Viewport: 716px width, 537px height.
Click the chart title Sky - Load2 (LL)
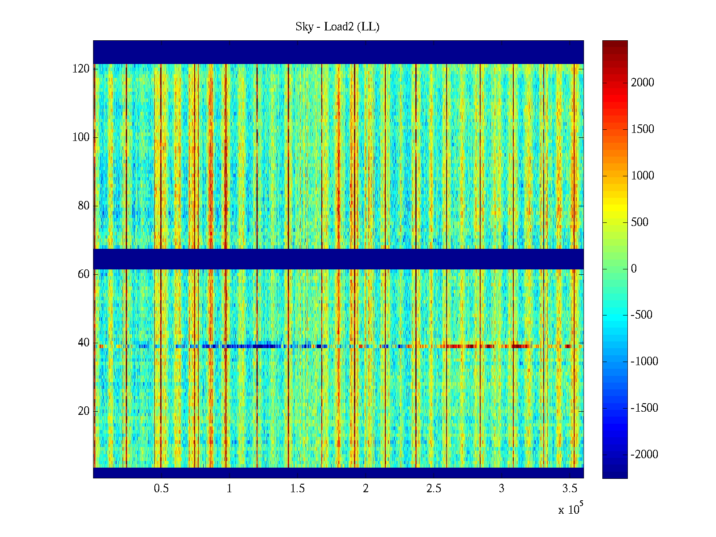pos(337,27)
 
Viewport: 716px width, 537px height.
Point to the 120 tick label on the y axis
pos(81,69)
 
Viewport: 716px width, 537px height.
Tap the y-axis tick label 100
pos(81,137)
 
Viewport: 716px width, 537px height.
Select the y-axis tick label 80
pos(84,206)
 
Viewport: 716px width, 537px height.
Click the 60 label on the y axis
pos(84,274)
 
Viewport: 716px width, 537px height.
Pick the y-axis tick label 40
pos(84,343)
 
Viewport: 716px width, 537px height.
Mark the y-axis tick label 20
pos(84,411)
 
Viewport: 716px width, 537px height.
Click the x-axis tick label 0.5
pos(161,489)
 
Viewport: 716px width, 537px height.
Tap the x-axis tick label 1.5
pos(297,489)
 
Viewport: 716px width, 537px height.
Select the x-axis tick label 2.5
pos(434,489)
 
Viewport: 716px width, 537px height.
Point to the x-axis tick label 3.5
pos(570,489)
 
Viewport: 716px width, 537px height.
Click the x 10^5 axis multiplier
pos(571,509)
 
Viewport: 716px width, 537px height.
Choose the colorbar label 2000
pos(643,83)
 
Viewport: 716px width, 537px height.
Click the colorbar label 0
pos(634,269)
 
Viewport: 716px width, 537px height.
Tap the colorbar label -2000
pos(644,455)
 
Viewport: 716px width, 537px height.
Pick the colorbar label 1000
pos(643,176)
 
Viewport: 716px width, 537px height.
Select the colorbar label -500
pos(641,315)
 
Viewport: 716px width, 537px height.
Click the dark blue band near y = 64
pos(338,259)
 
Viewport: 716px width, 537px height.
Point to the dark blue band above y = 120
pos(338,52)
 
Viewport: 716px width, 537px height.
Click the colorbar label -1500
pos(644,408)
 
